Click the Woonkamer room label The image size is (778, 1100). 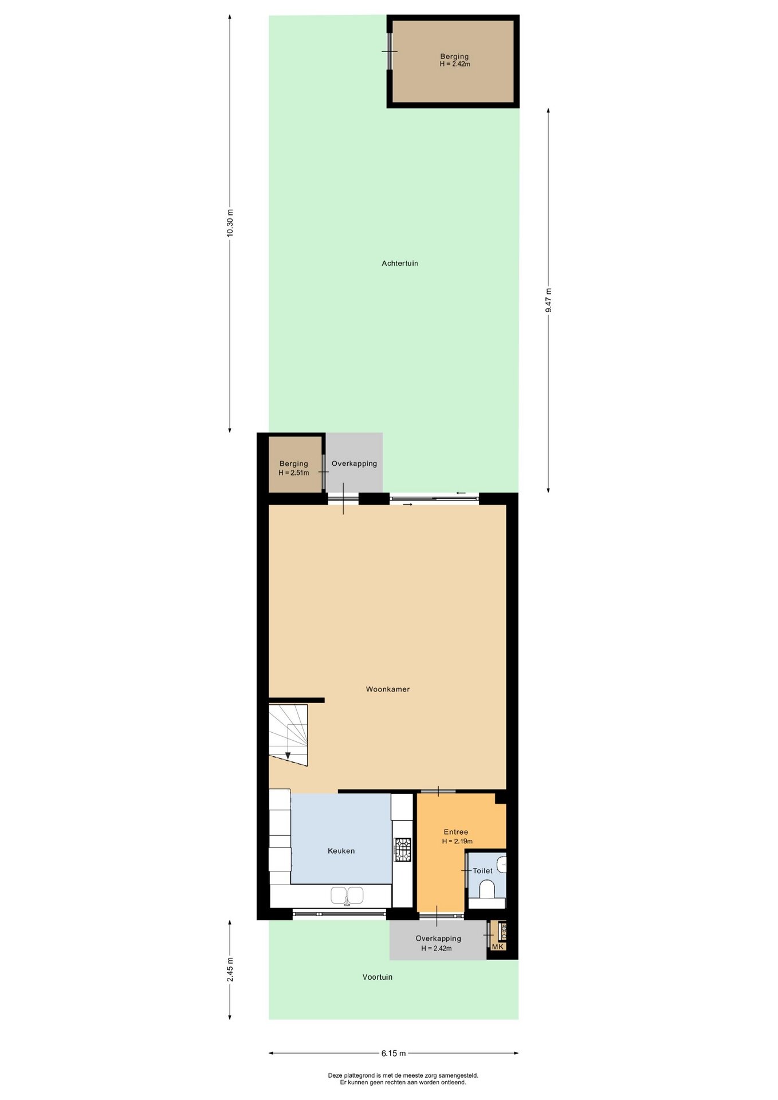[388, 689]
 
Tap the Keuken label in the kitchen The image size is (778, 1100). [341, 851]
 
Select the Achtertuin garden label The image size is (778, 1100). [400, 264]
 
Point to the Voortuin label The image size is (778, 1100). [378, 977]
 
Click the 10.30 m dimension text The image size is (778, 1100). [230, 223]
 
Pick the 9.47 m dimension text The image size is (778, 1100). [548, 300]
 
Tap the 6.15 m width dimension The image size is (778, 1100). [394, 1053]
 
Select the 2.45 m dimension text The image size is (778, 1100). [230, 970]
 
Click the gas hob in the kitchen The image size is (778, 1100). [402, 850]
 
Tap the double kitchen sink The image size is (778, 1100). [347, 895]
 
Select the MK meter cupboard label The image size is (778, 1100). [498, 946]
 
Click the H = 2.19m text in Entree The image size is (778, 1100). [457, 841]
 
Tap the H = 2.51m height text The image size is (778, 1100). [293, 473]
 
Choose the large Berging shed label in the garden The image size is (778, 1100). [454, 57]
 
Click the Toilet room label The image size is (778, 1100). [482, 871]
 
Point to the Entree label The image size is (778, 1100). [456, 832]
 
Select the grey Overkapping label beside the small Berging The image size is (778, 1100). [354, 463]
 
